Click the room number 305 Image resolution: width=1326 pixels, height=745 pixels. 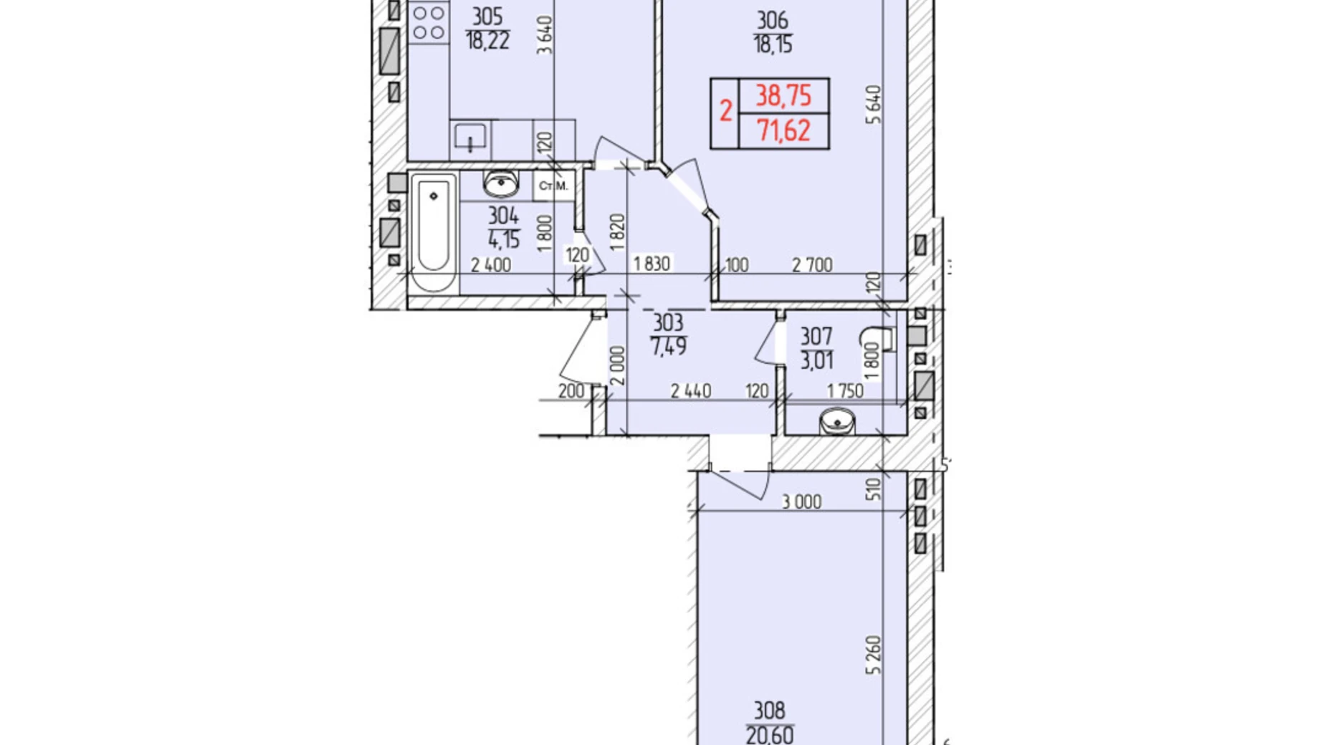487,16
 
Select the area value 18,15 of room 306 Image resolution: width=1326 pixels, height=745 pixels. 772,45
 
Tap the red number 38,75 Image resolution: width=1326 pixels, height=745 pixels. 783,95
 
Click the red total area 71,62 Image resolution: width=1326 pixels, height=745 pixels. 783,130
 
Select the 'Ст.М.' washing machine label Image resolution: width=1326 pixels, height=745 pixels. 553,186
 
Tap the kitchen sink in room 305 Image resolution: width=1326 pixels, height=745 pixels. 470,136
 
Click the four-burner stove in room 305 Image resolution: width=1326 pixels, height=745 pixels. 429,21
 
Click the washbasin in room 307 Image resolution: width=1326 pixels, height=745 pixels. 836,421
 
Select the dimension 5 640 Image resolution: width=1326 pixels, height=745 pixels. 873,105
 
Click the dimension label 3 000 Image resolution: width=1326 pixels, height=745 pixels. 801,501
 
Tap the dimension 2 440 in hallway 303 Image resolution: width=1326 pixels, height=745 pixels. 691,390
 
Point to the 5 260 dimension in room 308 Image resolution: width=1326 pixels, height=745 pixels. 873,654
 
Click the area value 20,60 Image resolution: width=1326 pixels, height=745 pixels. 769,734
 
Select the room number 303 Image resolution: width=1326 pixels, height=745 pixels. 667,322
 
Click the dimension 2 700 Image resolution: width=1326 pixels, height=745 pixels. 812,265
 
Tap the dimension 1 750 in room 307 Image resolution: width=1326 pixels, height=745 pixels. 845,390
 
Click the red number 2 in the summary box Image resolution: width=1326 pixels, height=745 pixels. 725,112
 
